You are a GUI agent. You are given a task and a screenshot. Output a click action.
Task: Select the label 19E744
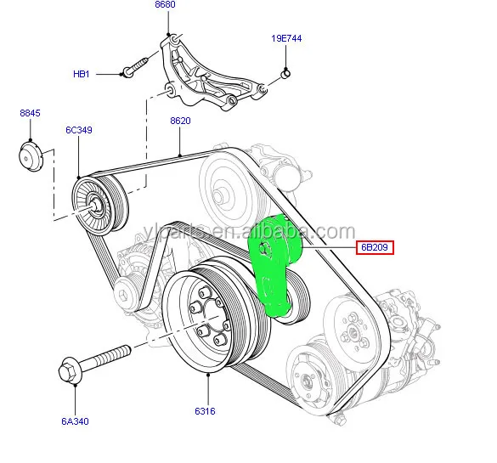pyautogui.click(x=287, y=39)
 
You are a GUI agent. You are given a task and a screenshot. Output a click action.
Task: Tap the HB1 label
pyautogui.click(x=81, y=74)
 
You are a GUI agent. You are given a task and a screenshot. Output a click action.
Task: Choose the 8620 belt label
pyautogui.click(x=180, y=121)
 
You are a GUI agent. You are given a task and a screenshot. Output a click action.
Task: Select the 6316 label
pyautogui.click(x=204, y=412)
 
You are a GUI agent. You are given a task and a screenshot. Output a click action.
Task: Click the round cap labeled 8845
pyautogui.click(x=31, y=159)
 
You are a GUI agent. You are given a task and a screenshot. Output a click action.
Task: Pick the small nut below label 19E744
pyautogui.click(x=286, y=76)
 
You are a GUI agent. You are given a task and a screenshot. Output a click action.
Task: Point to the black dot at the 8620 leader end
pyautogui.click(x=180, y=154)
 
